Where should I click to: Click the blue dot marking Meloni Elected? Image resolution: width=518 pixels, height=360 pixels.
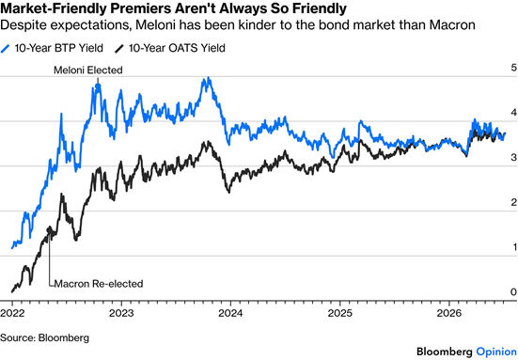tap(98, 86)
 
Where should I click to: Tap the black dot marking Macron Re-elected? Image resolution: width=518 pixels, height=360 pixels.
tap(50, 230)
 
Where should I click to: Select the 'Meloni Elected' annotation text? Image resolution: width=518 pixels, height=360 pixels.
tap(88, 70)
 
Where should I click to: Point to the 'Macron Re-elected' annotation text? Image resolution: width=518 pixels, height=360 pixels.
tap(99, 284)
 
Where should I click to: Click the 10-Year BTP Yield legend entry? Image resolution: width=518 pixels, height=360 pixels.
tap(52, 48)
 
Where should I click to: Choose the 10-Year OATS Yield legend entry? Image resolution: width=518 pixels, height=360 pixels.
tap(170, 48)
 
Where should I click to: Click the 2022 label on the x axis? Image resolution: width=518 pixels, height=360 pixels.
tap(12, 313)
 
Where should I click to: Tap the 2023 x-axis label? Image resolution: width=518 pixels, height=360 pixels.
tap(121, 313)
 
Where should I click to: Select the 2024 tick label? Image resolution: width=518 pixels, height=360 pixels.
tap(230, 313)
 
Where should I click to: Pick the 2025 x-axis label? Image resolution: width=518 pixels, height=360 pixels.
tap(339, 313)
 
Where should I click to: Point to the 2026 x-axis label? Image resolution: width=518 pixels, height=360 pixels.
tap(448, 313)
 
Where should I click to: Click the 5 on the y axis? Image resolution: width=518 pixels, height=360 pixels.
tap(513, 68)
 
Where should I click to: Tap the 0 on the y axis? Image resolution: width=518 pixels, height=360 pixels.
tap(513, 292)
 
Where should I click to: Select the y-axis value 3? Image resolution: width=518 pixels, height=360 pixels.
tap(513, 158)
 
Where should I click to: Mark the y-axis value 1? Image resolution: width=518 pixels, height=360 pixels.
tap(514, 247)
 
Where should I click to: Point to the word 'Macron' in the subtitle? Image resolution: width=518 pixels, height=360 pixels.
tap(452, 25)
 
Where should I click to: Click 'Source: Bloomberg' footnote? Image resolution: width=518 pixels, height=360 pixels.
tap(44, 337)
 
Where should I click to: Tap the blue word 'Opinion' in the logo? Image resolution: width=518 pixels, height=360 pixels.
tap(496, 352)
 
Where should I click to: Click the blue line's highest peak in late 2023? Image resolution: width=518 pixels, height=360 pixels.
tap(208, 78)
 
